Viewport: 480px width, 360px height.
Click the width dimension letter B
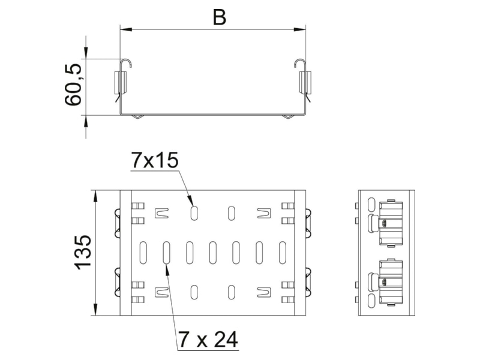pos(220,17)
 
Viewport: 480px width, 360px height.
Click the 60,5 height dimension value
pos(73,85)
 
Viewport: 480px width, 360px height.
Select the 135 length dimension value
pos(83,253)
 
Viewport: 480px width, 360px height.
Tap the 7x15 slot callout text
pos(154,160)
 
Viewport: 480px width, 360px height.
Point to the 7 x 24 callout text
pos(208,339)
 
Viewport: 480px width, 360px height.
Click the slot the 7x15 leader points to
pos(194,213)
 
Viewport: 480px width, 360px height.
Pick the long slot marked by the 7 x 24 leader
pos(167,253)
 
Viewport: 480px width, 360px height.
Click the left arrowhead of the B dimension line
pos(126,29)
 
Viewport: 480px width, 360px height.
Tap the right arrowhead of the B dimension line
pos(299,29)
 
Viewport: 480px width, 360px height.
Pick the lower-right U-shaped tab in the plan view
pos(264,292)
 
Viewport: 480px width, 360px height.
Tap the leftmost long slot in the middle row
pos(143,253)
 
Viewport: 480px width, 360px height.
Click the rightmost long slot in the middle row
pos(282,253)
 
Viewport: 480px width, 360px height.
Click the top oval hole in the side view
pos(371,204)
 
